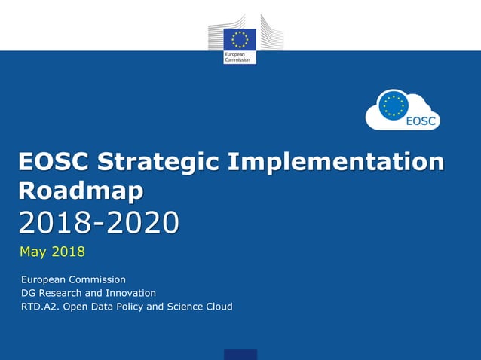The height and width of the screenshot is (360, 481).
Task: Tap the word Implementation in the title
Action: (x=336, y=162)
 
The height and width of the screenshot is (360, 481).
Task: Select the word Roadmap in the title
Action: (x=81, y=191)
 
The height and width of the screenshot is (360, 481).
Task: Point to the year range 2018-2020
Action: (x=100, y=223)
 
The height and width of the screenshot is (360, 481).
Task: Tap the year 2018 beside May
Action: (x=69, y=251)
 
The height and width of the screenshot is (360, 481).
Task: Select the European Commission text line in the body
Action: (x=73, y=279)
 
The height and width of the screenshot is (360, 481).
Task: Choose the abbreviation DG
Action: (x=29, y=293)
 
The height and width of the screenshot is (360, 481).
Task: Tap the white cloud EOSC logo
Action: (x=403, y=110)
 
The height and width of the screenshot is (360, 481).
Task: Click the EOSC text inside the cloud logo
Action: (x=418, y=121)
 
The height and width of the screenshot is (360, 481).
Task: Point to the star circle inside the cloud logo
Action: (x=392, y=105)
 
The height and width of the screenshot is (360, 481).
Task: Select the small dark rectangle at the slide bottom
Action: (x=240, y=355)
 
